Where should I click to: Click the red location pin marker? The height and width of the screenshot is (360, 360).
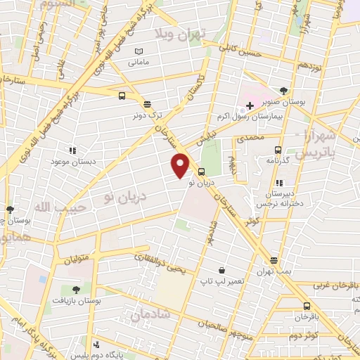click(x=181, y=165)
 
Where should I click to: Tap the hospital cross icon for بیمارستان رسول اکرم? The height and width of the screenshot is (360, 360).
click(x=250, y=105)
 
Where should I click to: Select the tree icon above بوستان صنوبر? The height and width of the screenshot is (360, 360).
click(x=283, y=91)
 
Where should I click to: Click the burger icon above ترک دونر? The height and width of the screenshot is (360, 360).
click(x=146, y=104)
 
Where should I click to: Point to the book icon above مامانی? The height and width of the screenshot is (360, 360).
click(x=138, y=52)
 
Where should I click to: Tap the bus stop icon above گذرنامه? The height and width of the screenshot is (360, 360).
click(x=278, y=149)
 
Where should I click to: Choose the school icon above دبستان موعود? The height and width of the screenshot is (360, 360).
click(x=72, y=150)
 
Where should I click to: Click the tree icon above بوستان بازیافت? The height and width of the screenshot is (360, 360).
click(x=76, y=289)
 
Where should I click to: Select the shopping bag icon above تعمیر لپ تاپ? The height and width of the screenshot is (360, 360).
click(x=222, y=271)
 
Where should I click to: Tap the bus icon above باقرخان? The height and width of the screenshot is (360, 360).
click(x=307, y=306)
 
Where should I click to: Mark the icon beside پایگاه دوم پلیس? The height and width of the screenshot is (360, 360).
click(x=96, y=345)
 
